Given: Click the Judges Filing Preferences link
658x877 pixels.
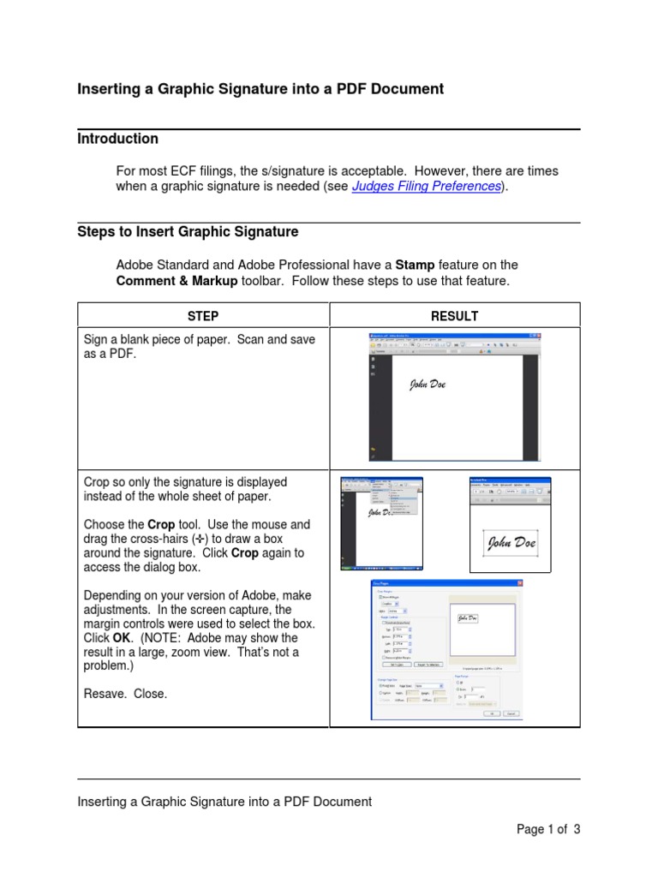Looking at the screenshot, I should [426, 187].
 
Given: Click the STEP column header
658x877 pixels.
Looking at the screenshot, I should [203, 316].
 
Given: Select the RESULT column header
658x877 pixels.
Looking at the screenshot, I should [454, 316].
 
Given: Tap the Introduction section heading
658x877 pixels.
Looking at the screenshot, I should [117, 139].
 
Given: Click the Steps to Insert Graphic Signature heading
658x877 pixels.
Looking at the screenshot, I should [188, 232].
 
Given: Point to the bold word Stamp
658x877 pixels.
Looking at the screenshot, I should [416, 265].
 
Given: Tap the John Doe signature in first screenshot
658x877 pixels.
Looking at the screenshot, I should [427, 385].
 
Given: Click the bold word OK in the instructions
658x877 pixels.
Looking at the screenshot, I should [122, 638].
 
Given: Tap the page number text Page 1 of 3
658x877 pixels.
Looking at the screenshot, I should [547, 829].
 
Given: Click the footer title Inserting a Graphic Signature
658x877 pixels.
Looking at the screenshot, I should [224, 802].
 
